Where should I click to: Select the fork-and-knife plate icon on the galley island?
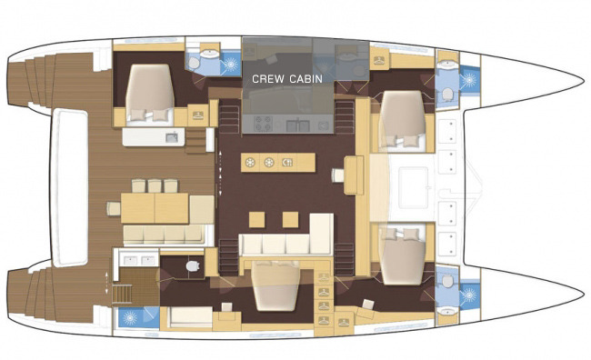tap(287, 163)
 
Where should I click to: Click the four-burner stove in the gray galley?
tap(264, 124)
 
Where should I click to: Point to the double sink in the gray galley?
tap(297, 125)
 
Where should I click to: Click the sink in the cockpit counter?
tap(172, 138)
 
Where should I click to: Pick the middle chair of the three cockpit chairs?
tap(155, 185)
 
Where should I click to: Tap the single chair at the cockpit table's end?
tap(114, 208)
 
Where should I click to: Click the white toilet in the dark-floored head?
tap(193, 265)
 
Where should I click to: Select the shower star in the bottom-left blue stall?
tap(130, 318)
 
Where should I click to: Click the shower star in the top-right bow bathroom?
tap(470, 79)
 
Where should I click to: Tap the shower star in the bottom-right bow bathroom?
tap(470, 295)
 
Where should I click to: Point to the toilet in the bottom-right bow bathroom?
tap(447, 281)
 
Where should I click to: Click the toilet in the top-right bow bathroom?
tap(447, 94)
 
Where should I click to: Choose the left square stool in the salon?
tap(256, 220)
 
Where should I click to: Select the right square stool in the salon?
tap(290, 220)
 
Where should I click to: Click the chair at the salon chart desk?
tap(337, 175)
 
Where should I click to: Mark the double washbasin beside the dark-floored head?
tap(139, 260)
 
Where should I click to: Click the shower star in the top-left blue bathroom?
tap(231, 64)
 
